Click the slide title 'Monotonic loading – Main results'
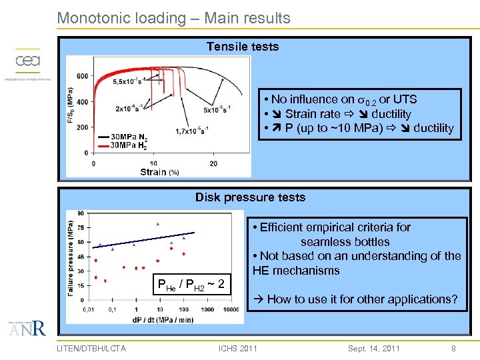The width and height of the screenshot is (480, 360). click(173, 18)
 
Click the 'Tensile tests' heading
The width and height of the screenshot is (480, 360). click(242, 47)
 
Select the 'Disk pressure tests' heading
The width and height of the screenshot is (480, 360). click(250, 197)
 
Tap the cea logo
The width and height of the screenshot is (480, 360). click(28, 62)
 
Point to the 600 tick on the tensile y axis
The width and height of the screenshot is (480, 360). click(81, 76)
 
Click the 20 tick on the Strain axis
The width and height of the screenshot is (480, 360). click(213, 163)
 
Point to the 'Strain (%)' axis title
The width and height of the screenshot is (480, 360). click(159, 172)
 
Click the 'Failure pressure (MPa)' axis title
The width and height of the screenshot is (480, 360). click(71, 258)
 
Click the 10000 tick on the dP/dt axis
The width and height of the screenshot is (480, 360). click(231, 309)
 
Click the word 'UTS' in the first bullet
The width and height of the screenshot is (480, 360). click(405, 99)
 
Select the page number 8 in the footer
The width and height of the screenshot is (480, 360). click(453, 348)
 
